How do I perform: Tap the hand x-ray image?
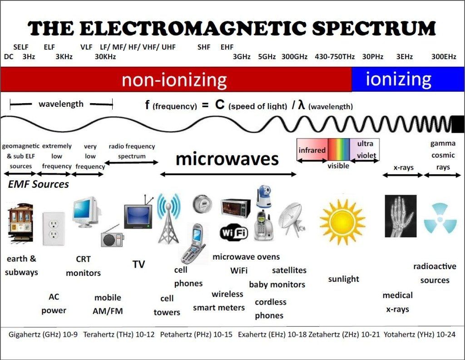(401, 216)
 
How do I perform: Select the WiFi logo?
(234, 232)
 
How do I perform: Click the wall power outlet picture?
(54, 229)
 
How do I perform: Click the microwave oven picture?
(236, 208)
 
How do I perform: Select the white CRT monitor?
(86, 211)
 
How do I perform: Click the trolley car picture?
(20, 223)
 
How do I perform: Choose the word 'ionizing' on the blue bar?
(399, 79)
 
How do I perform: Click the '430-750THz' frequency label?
(335, 56)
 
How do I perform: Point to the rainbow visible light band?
(339, 150)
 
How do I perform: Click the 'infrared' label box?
(312, 150)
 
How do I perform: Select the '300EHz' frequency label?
(444, 56)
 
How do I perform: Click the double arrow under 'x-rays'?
(403, 175)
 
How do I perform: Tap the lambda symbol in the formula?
(302, 105)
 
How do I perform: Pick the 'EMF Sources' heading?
(38, 184)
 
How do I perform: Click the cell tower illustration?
(168, 219)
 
